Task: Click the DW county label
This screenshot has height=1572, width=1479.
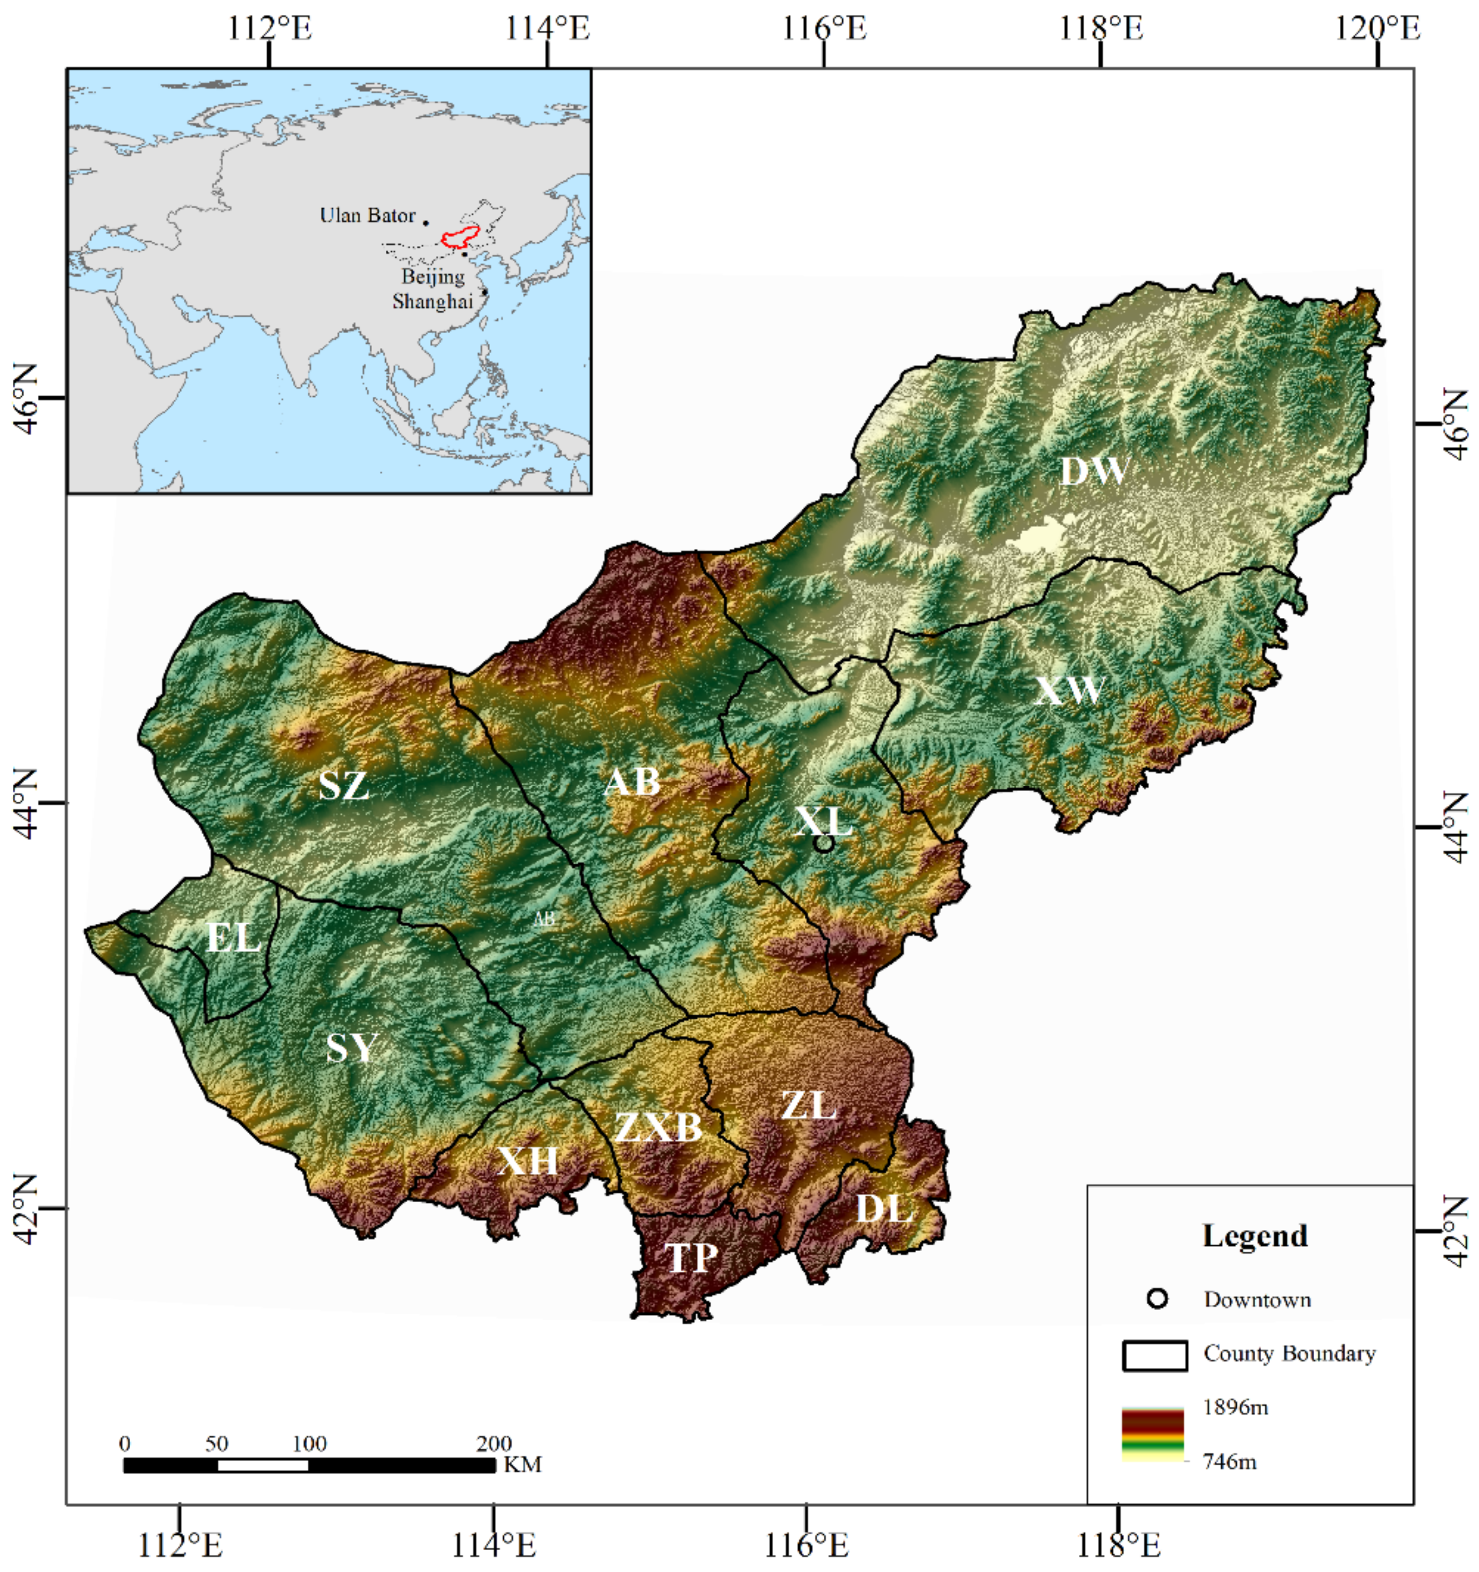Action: click(x=1093, y=472)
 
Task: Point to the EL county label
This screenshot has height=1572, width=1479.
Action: click(x=233, y=939)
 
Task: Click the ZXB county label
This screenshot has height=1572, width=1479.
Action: click(x=658, y=1128)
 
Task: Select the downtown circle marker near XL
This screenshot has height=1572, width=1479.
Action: click(x=823, y=844)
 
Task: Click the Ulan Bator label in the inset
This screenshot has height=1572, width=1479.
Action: click(x=367, y=216)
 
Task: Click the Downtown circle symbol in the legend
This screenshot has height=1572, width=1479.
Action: click(x=1157, y=1299)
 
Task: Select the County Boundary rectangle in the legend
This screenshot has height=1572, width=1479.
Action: click(x=1154, y=1355)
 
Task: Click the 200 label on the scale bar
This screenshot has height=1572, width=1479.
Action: click(x=494, y=1444)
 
